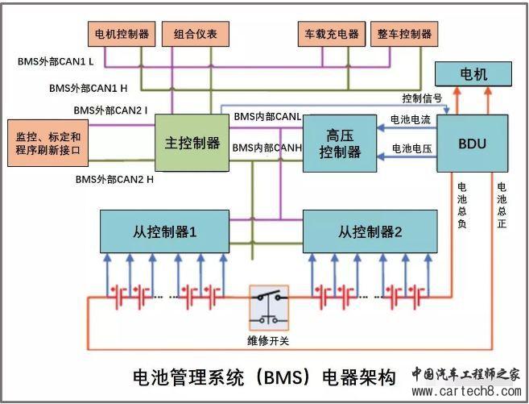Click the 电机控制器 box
pyautogui.click(x=122, y=34)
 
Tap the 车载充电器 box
pyautogui.click(x=325, y=34)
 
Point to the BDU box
pyautogui.click(x=473, y=144)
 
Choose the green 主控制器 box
pyautogui.click(x=192, y=143)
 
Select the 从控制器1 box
pyautogui.click(x=165, y=231)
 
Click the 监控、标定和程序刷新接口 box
pyautogui.click(x=48, y=144)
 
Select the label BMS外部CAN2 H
pyautogui.click(x=114, y=179)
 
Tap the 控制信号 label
pyautogui.click(x=422, y=98)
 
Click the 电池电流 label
pyautogui.click(x=411, y=119)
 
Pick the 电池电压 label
pyautogui.click(x=411, y=148)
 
